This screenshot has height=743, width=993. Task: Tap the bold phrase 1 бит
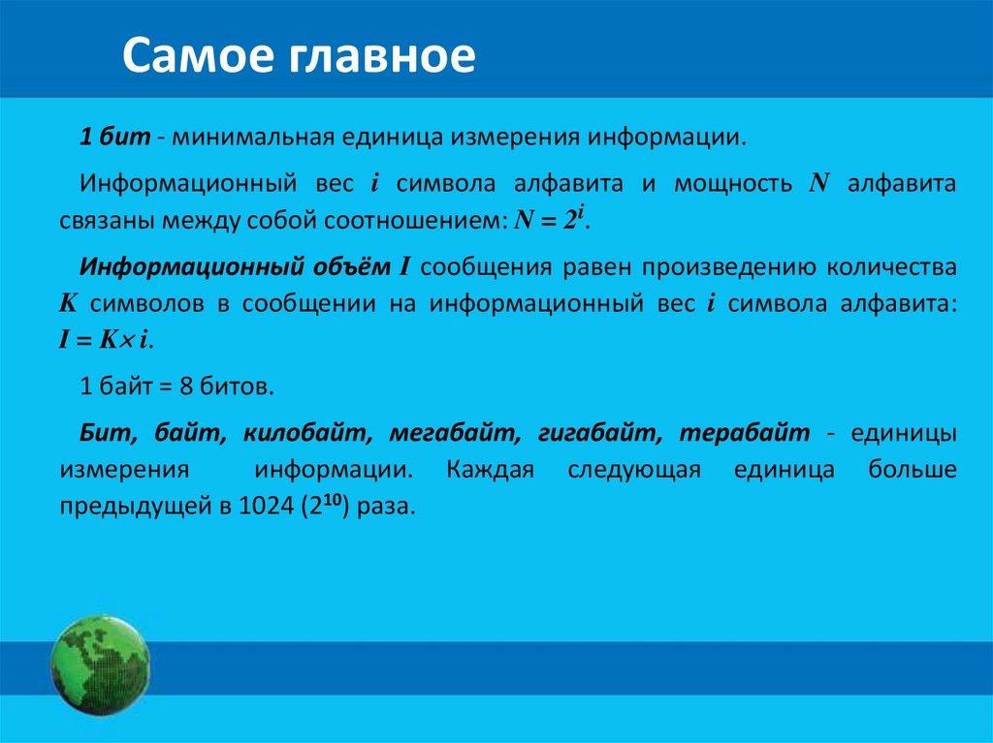[x=114, y=138]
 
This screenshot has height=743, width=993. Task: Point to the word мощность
[x=721, y=183]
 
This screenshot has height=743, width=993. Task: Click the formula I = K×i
[x=107, y=340]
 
